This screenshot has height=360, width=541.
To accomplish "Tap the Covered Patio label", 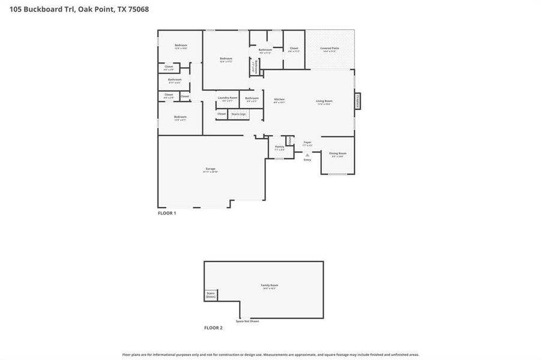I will coord(330,49).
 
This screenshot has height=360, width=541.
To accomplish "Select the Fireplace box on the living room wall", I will coord(358,101).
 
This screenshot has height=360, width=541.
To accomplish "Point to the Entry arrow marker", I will coord(307,155).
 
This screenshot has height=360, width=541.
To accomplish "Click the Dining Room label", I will coord(337,154).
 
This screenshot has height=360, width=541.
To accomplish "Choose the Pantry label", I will coord(279,148).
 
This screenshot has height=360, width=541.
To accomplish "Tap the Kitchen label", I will coord(279,100).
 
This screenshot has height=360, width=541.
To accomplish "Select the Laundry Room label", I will coord(228,98).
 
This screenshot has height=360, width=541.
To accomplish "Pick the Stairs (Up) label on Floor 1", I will coord(238,114).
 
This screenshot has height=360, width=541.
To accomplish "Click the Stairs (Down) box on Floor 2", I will coord(211,295).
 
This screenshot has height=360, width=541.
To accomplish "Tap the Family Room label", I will coord(269,286).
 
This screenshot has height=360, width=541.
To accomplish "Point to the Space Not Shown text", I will coord(247,322).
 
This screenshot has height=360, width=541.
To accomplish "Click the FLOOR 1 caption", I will coord(167,213).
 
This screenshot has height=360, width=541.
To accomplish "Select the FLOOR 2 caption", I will coord(213,328).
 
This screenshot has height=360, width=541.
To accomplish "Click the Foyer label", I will coord(307,143).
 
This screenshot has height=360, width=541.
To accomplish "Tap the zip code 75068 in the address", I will coord(137,9).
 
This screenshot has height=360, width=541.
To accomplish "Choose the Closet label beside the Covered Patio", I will coord(294,49).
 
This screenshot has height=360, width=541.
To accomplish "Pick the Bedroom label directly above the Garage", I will coord(180,118).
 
